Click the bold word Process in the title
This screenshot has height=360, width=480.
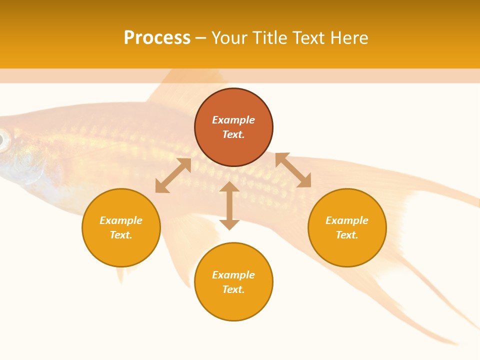coord(157,38)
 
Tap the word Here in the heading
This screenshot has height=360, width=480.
coord(348,38)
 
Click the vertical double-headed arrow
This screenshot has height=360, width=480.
coord(229,205)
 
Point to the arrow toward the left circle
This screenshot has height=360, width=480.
coord(173,175)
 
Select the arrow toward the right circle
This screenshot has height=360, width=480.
coord(293,170)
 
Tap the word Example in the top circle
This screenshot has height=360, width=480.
coord(233,120)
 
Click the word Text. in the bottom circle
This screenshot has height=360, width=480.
coord(233,289)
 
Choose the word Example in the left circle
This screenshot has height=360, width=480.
coord(121,220)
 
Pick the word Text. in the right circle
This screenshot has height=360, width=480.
coord(347,235)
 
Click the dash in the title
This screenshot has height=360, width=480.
coord(200,38)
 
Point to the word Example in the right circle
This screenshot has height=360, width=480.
coord(347,220)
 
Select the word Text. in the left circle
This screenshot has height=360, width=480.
coord(121,235)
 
